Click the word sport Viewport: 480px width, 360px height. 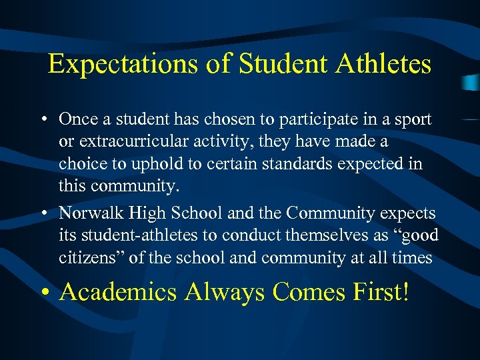[x=413, y=119]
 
